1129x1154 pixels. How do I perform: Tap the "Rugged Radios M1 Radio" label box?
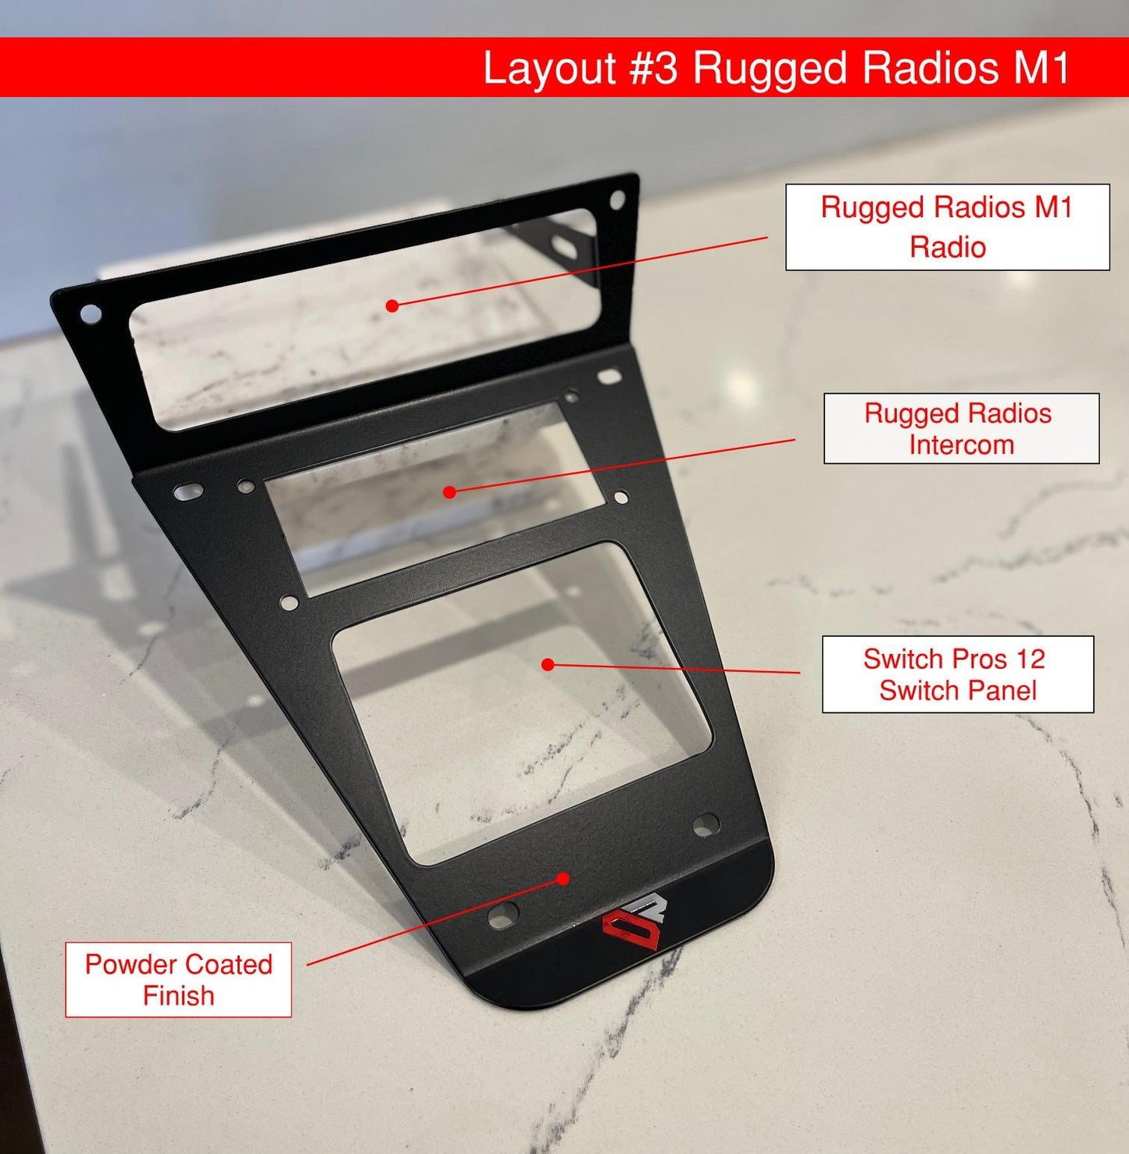coord(947,227)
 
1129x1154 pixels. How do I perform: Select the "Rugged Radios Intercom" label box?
coord(961,429)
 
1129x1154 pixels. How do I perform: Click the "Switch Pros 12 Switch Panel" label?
coord(957,674)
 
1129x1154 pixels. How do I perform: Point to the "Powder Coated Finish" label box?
coord(178,980)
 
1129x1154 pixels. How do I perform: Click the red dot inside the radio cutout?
coord(392,305)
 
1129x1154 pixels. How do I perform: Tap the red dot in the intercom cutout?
coord(449,492)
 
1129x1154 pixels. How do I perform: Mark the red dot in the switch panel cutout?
coord(548,664)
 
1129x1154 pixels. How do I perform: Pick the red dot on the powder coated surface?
coord(563,878)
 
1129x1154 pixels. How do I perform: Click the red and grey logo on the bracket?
coord(632,927)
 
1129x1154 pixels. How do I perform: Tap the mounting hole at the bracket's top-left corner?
coord(91,314)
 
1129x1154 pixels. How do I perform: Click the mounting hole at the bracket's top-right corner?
coord(617,200)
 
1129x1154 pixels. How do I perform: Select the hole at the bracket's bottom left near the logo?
coord(503,913)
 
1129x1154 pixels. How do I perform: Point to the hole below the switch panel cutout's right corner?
coord(705,824)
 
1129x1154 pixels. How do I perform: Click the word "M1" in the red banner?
coord(1042,68)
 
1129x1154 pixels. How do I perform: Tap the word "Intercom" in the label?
coord(961,445)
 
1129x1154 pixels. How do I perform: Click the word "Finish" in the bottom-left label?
coord(178,996)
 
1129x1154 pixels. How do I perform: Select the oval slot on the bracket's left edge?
coord(188,492)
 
